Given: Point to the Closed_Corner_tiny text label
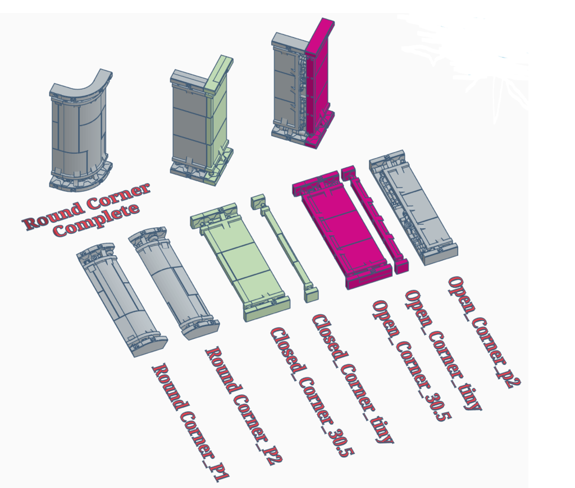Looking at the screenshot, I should pyautogui.click(x=350, y=379).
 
